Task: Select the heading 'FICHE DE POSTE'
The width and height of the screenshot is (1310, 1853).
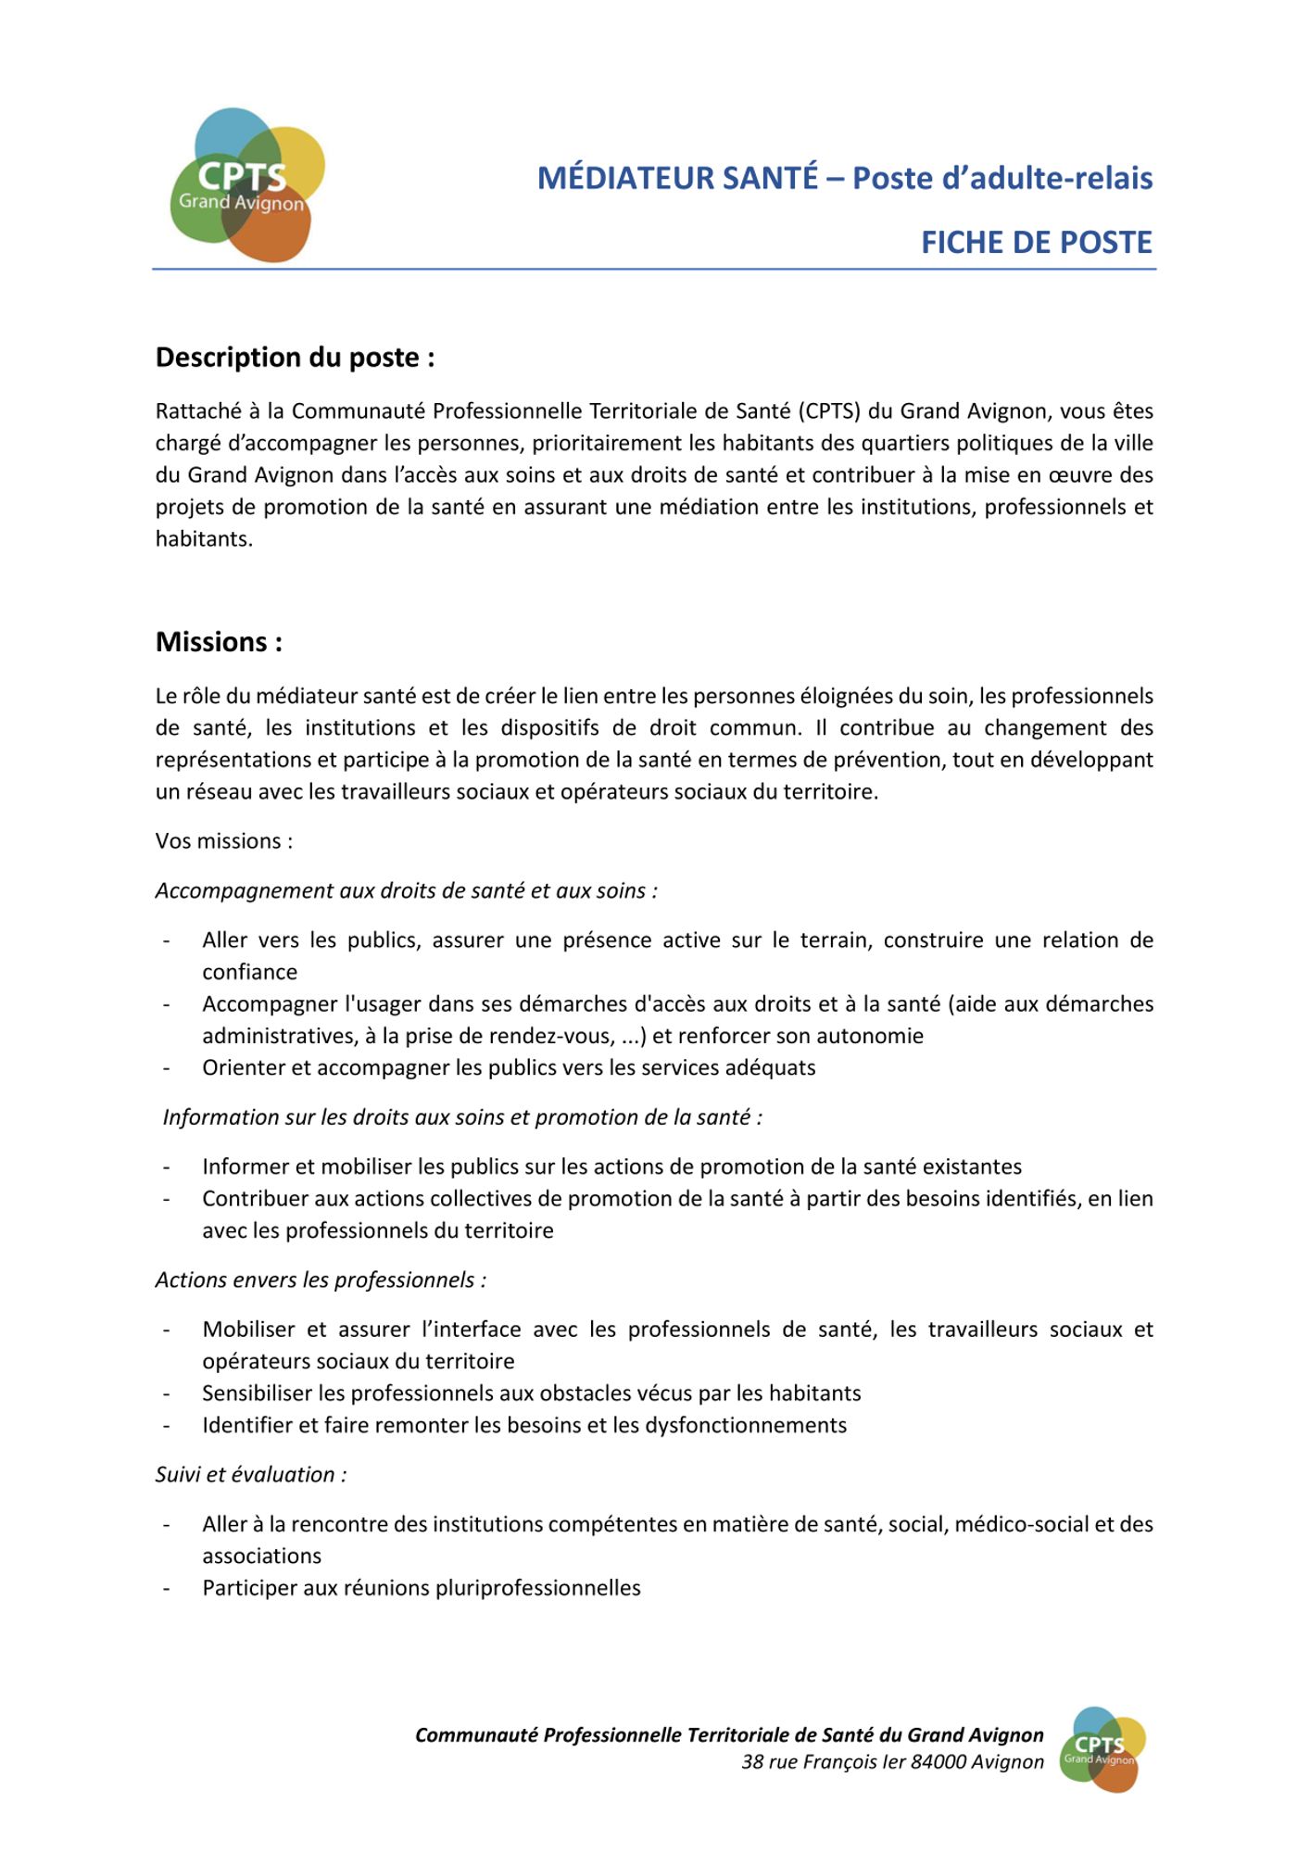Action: click(1036, 243)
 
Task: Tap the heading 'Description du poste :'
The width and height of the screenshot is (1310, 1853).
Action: click(295, 358)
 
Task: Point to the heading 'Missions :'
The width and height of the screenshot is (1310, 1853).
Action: click(219, 642)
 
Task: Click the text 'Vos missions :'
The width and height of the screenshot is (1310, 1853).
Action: click(224, 841)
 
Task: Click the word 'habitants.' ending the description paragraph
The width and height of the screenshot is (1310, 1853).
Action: click(204, 539)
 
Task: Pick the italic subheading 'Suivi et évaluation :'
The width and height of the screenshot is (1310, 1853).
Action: click(251, 1475)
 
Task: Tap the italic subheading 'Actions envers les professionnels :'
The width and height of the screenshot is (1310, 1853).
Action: click(321, 1280)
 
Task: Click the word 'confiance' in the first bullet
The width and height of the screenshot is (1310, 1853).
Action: click(250, 972)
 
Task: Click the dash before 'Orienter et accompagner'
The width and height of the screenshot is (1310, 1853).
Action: click(167, 1068)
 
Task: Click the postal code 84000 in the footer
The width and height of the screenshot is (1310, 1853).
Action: click(938, 1762)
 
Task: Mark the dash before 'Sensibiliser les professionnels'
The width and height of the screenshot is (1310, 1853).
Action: click(167, 1393)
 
